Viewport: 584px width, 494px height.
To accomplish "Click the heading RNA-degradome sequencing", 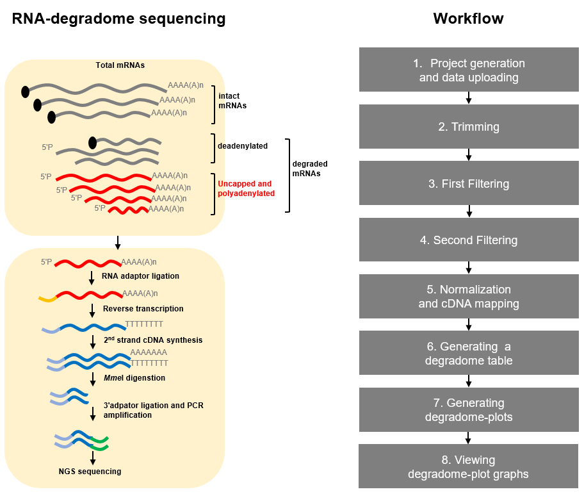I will pyautogui.click(x=119, y=19).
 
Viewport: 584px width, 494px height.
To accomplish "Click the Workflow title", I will pyautogui.click(x=468, y=19).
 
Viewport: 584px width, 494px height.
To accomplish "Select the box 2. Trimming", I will pyautogui.click(x=469, y=127).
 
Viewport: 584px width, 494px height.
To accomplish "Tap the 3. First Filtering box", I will pyautogui.click(x=469, y=184).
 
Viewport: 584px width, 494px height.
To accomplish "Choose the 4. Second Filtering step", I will pyautogui.click(x=469, y=240).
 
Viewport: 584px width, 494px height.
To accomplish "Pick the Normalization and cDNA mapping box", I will pyautogui.click(x=469, y=297).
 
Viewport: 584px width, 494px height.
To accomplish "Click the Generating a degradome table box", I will pyautogui.click(x=469, y=353).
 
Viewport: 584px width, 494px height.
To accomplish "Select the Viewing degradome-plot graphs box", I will pyautogui.click(x=469, y=466).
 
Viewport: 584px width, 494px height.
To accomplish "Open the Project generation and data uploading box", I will pyautogui.click(x=469, y=70).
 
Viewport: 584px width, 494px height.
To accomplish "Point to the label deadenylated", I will pyautogui.click(x=243, y=146).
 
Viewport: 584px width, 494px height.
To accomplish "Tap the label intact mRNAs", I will pyautogui.click(x=232, y=101).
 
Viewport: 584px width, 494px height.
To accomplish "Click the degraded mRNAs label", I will pyautogui.click(x=310, y=169).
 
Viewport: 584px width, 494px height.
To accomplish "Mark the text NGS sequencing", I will pyautogui.click(x=90, y=472).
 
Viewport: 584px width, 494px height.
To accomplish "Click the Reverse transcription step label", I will pyautogui.click(x=143, y=309).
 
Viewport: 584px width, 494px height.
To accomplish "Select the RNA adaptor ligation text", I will pyautogui.click(x=140, y=276).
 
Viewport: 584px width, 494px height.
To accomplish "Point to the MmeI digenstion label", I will pyautogui.click(x=134, y=378).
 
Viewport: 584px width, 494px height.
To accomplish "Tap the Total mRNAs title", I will pyautogui.click(x=120, y=65).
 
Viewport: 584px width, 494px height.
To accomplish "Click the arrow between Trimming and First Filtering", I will pyautogui.click(x=469, y=154).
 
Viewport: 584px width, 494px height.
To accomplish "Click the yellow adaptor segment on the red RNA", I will pyautogui.click(x=47, y=298).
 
